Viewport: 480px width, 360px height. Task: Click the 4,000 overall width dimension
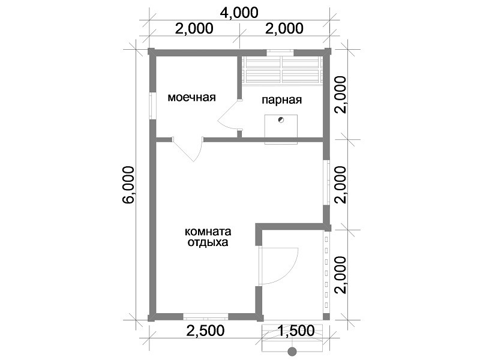239,13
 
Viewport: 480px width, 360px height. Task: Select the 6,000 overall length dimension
128,185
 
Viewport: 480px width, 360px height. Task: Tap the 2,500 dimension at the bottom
206,331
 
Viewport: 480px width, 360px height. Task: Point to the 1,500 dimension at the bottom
296,331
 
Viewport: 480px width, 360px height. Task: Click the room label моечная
191,97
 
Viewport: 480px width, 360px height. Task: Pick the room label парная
281,100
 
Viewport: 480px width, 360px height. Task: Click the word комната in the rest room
208,232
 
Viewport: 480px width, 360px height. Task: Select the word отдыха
208,242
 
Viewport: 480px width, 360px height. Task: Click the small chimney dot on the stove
281,119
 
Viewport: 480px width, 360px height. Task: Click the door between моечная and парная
230,115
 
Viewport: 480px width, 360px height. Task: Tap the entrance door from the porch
278,266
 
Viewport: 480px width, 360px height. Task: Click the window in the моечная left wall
152,106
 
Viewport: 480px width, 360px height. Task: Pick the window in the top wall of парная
280,53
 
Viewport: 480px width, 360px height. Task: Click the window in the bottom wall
206,317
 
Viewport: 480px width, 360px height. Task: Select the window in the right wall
327,182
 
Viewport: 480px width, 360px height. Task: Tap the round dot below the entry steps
292,352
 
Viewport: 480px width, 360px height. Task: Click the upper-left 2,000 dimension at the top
194,28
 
